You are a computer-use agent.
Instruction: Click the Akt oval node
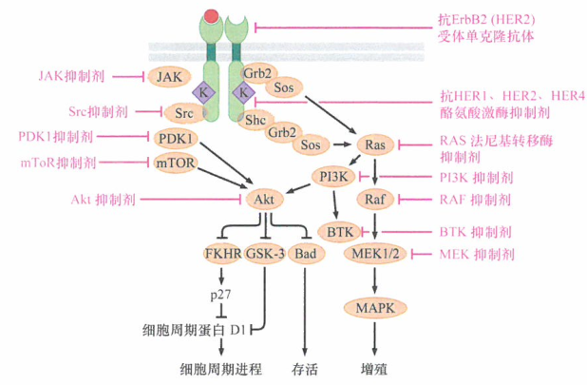[265, 200]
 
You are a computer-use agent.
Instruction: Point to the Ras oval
[372, 144]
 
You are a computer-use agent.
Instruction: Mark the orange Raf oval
[372, 200]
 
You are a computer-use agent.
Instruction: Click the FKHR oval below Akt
[222, 255]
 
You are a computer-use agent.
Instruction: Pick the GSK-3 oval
[264, 255]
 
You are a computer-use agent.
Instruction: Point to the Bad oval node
[306, 255]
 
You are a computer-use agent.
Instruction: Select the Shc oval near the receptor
[255, 119]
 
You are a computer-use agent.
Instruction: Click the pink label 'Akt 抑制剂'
[104, 200]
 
